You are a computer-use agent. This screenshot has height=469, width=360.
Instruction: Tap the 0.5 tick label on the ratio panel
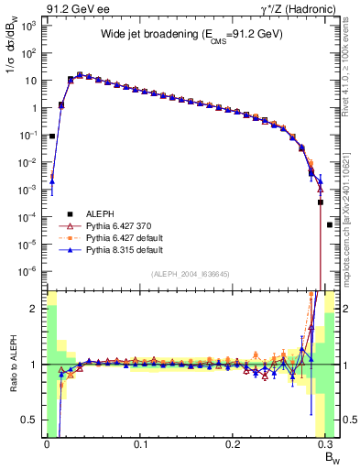pyautogui.click(x=31, y=420)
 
